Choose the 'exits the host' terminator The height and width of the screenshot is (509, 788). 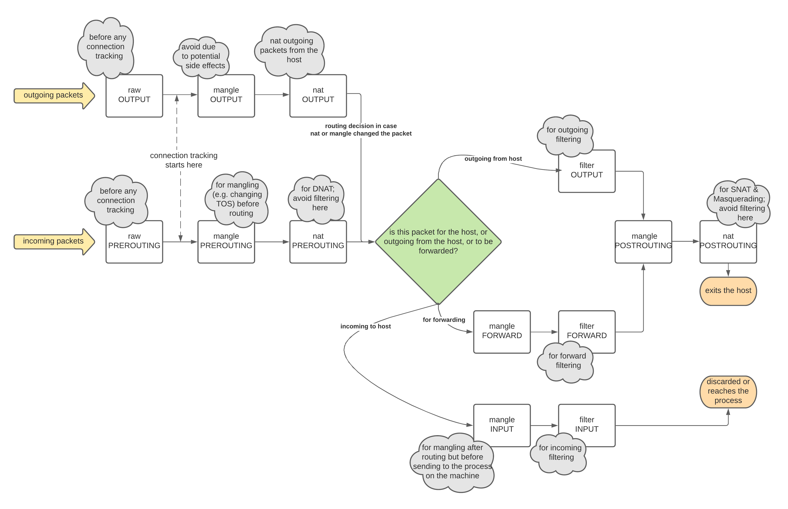point(728,291)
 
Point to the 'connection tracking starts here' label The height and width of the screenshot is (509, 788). point(184,160)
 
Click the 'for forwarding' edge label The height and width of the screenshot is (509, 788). point(444,320)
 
